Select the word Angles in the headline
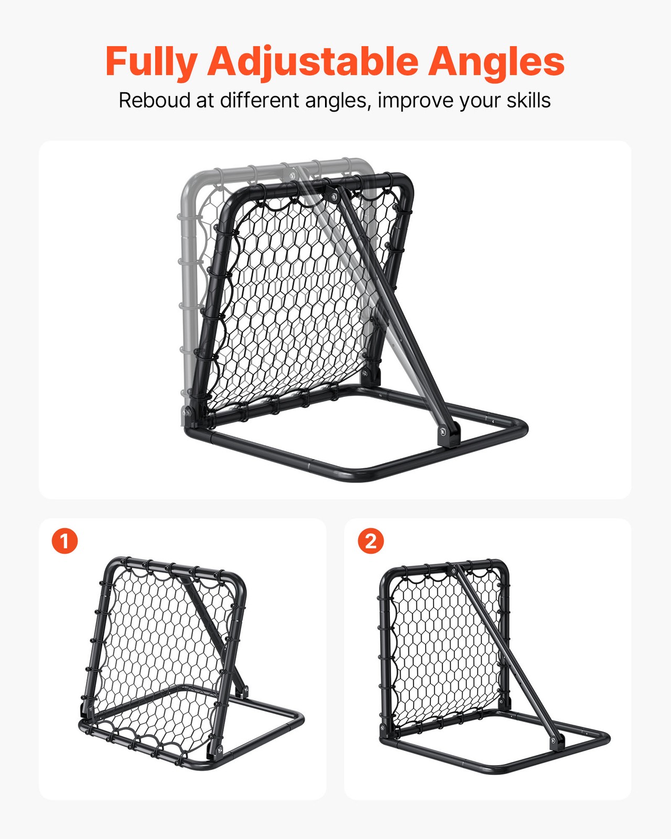[x=496, y=62]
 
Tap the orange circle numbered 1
[x=64, y=541]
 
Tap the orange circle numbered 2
[x=371, y=541]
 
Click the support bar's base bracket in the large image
[x=449, y=434]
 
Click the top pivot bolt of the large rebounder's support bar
[x=332, y=196]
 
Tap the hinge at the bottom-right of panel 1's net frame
[x=216, y=750]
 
